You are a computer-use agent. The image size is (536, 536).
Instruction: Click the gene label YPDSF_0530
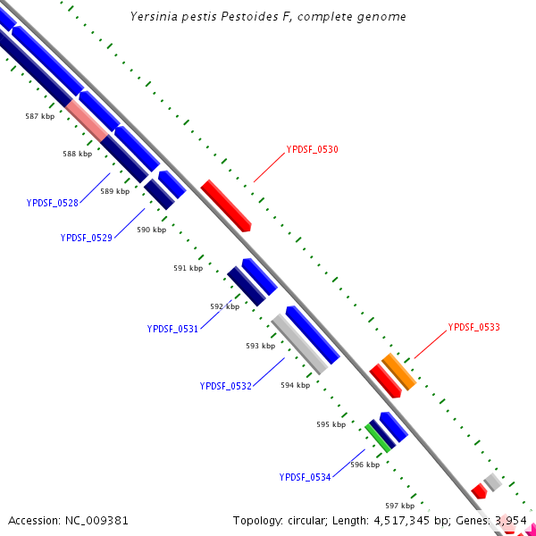pyautogui.click(x=312, y=149)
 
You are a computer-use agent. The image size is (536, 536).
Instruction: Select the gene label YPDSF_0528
pyautogui.click(x=53, y=203)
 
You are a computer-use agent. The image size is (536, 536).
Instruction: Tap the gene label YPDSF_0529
pyautogui.click(x=87, y=238)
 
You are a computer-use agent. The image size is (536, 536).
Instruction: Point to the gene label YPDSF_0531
pyautogui.click(x=172, y=329)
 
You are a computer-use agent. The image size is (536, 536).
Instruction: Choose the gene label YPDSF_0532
pyautogui.click(x=226, y=386)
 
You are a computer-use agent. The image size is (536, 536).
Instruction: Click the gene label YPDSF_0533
pyautogui.click(x=473, y=327)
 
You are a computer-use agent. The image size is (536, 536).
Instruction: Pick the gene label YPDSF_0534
pyautogui.click(x=305, y=477)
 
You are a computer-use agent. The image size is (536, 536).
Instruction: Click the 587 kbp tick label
pyautogui.click(x=39, y=116)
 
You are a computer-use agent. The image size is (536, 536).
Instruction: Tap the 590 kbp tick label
pyautogui.click(x=151, y=230)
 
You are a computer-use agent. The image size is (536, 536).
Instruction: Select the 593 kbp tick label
pyautogui.click(x=260, y=345)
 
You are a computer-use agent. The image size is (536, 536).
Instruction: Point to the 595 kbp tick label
pyautogui.click(x=331, y=424)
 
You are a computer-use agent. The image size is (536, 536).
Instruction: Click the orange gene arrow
pyautogui.click(x=399, y=372)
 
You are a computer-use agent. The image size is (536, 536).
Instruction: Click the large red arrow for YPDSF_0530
pyautogui.click(x=225, y=205)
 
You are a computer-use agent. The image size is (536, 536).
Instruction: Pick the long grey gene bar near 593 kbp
pyautogui.click(x=299, y=344)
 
